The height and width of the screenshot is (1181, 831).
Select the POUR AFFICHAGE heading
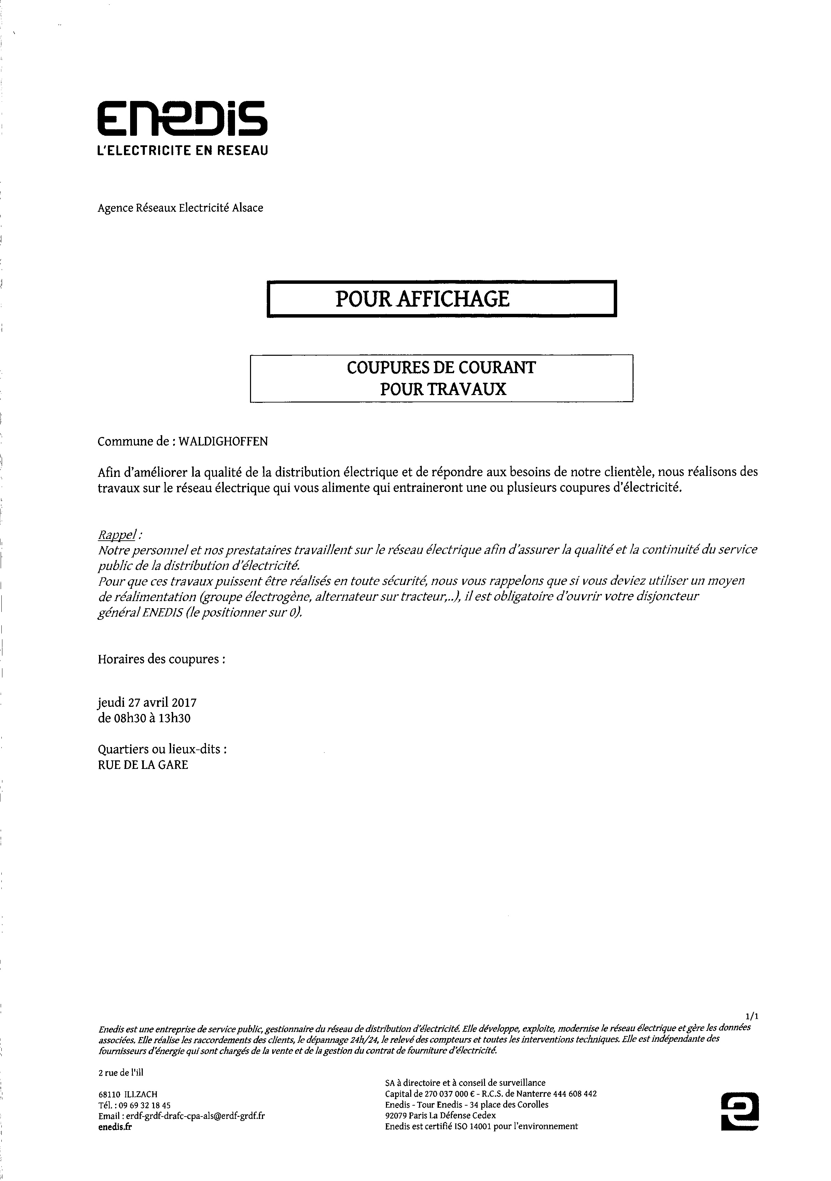click(x=422, y=299)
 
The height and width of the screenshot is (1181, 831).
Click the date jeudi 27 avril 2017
click(x=147, y=702)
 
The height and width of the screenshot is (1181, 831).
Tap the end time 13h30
click(x=175, y=718)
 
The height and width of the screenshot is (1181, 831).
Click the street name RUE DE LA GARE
click(x=143, y=765)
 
